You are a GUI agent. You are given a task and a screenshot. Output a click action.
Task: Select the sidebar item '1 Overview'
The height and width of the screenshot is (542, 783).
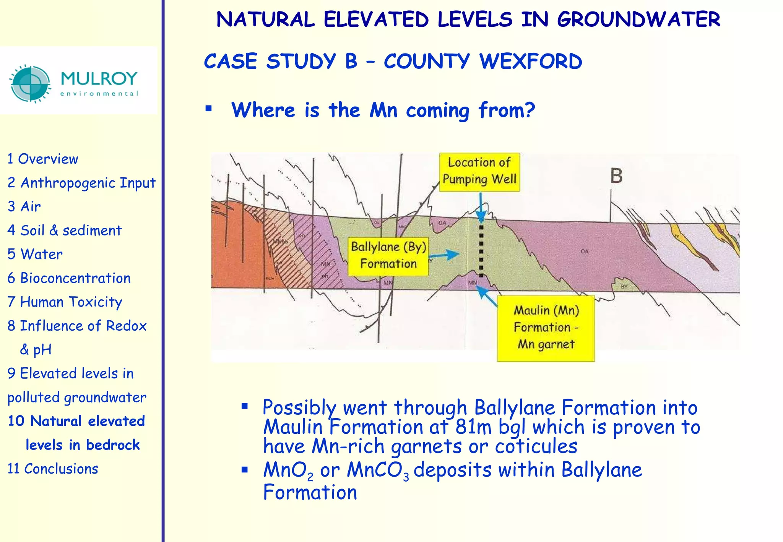click(43, 159)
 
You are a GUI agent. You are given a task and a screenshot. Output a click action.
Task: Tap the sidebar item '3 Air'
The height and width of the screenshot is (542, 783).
click(24, 206)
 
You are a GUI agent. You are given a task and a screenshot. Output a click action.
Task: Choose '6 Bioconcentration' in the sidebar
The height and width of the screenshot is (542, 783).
click(69, 278)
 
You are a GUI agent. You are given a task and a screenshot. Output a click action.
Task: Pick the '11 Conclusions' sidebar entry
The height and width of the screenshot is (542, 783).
click(53, 469)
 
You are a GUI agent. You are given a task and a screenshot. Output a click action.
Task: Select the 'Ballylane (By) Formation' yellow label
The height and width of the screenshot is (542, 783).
click(388, 255)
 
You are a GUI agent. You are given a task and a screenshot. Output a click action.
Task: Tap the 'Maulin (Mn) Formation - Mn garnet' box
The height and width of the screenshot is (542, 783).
click(546, 328)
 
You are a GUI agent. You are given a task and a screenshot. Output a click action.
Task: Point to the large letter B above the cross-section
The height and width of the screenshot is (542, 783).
click(616, 176)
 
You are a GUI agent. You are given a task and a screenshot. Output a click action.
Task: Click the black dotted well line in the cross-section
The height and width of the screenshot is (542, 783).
click(481, 250)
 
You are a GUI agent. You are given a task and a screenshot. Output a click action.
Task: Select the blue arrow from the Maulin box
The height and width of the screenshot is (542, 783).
click(487, 297)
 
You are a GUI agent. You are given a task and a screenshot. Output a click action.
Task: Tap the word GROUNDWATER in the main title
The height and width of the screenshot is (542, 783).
click(638, 19)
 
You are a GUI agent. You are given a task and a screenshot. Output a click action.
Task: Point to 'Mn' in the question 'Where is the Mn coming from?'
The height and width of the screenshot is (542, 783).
click(383, 110)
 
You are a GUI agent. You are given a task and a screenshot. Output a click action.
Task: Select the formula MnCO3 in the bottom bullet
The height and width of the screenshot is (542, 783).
click(378, 470)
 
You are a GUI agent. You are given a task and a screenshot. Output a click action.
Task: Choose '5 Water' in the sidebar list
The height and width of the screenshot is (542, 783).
click(35, 254)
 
